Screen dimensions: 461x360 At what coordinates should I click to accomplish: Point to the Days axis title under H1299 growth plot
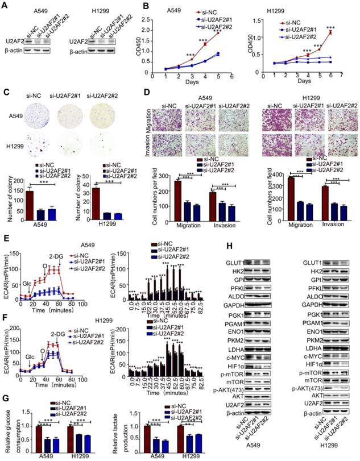coord(306,81)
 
